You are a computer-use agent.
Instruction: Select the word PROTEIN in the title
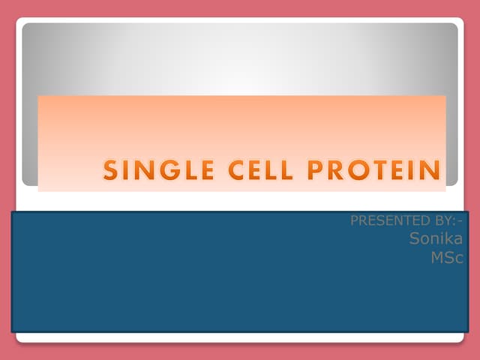376,171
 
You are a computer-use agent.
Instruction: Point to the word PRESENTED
385,222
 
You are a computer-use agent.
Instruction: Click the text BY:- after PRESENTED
444,222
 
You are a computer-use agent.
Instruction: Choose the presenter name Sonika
436,239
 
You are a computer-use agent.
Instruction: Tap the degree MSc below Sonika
447,257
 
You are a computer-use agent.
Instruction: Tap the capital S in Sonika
415,239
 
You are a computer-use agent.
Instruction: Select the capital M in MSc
436,257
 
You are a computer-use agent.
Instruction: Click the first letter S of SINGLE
111,171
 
